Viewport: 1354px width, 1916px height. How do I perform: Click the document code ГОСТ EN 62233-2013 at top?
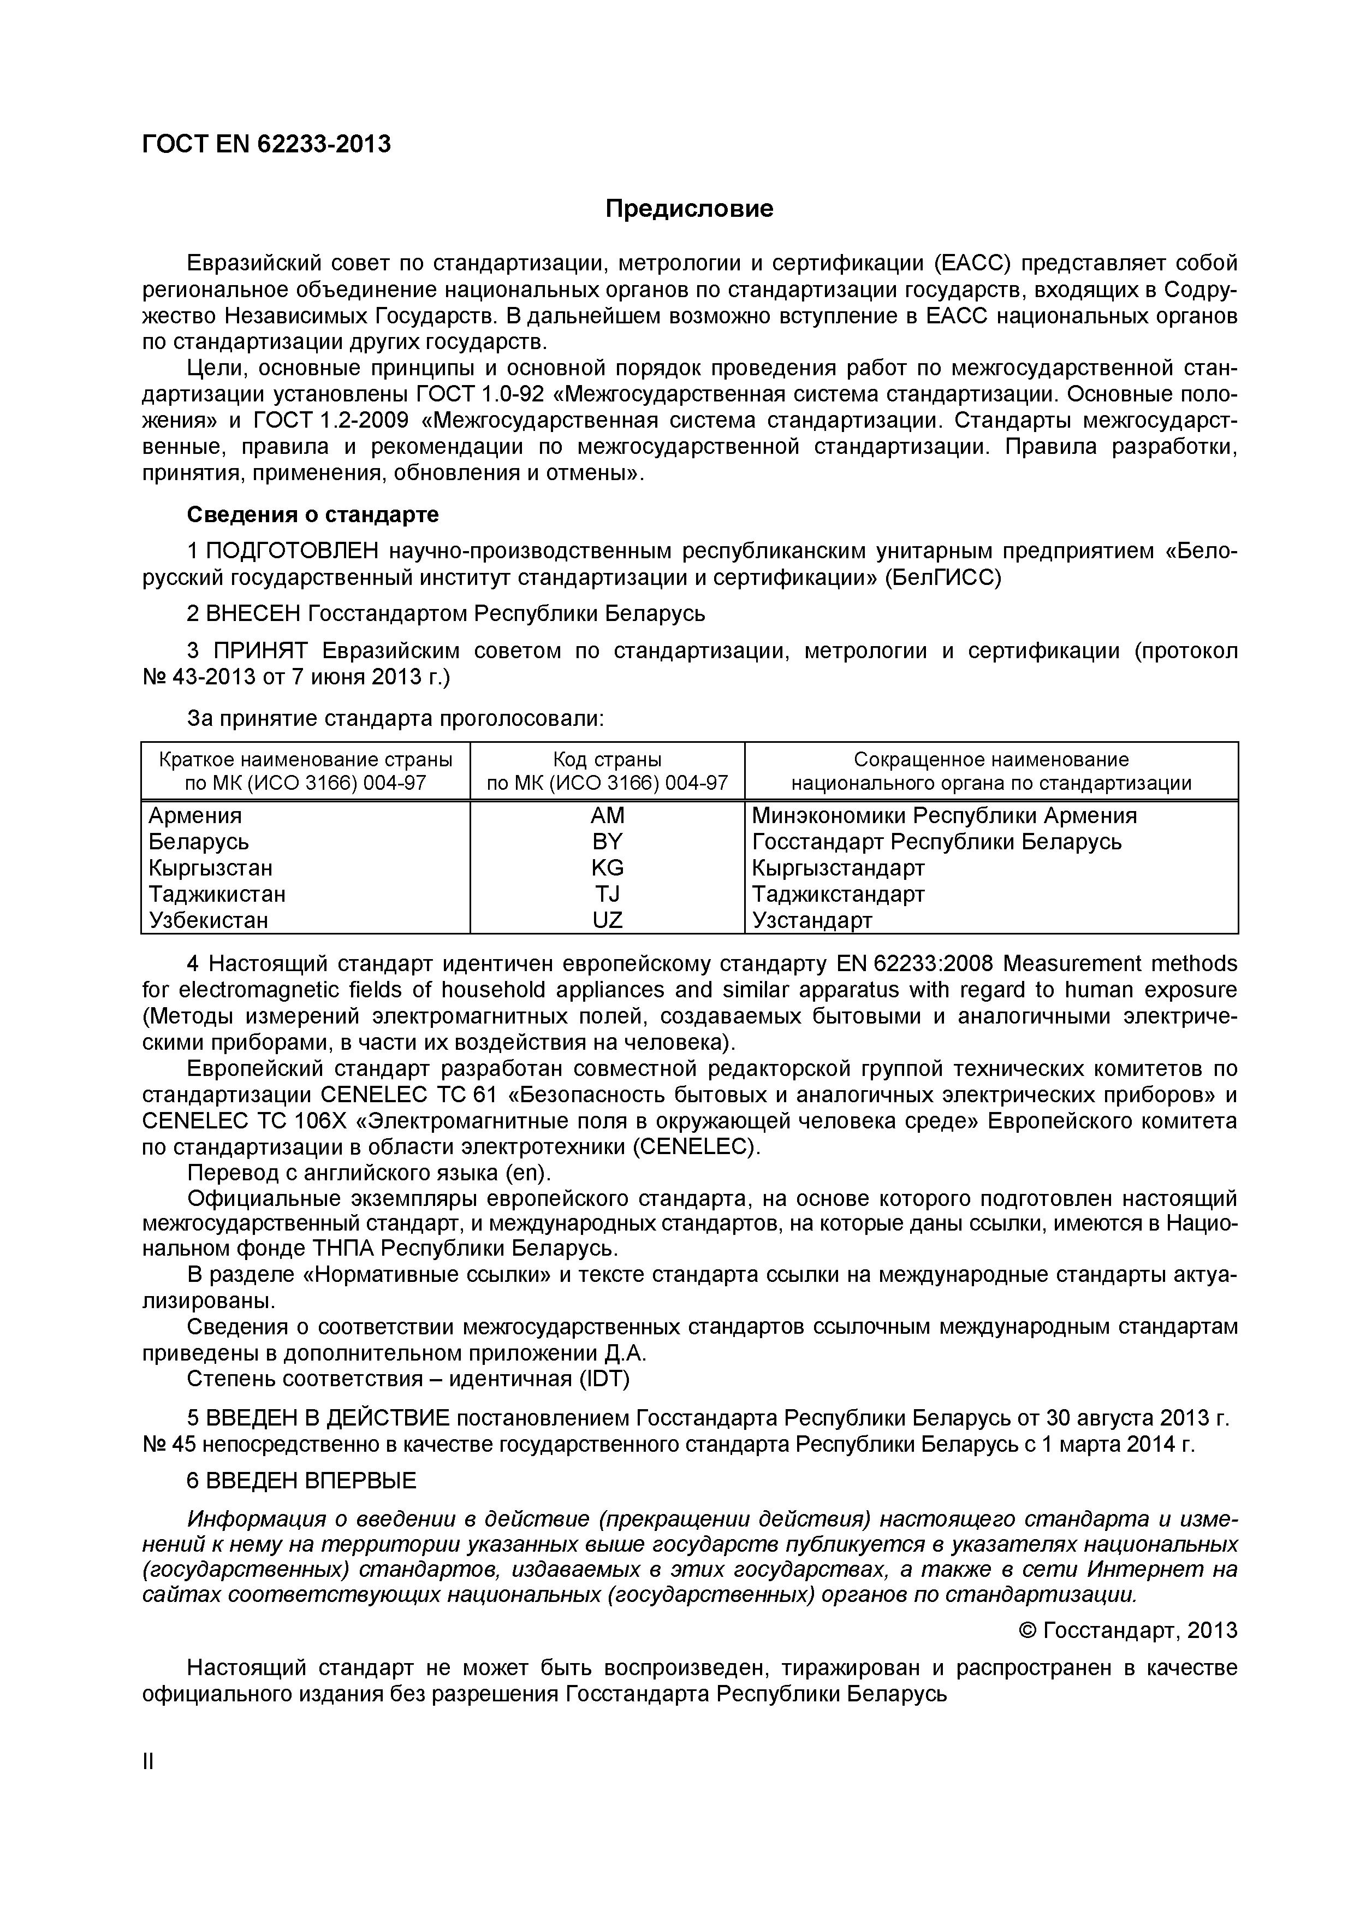(266, 144)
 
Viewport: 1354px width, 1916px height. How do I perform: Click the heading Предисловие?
(689, 209)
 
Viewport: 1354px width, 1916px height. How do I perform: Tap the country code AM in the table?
(607, 815)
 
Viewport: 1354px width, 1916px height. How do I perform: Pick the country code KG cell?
(607, 868)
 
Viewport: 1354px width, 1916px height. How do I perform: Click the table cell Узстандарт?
(812, 920)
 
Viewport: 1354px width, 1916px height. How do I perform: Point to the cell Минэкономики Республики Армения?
(943, 815)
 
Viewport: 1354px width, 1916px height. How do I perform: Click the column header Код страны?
(607, 759)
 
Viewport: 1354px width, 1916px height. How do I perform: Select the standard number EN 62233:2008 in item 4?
(913, 964)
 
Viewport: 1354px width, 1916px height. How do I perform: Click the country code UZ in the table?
(607, 920)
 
